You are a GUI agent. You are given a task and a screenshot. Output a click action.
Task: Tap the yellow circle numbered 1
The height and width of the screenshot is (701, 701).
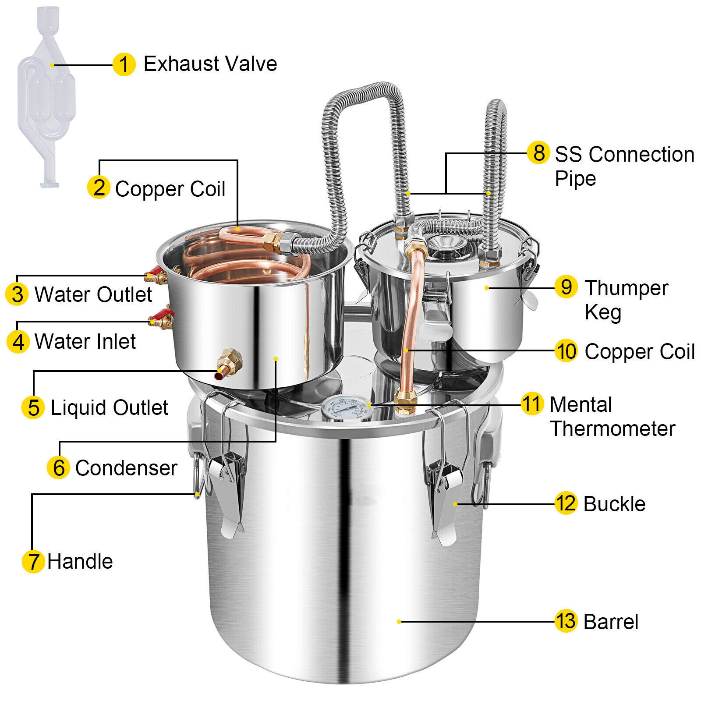pos(124,65)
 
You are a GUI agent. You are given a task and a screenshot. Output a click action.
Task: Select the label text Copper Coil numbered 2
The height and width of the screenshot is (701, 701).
pos(170,189)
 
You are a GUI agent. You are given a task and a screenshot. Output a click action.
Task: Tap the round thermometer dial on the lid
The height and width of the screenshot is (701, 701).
pos(346,408)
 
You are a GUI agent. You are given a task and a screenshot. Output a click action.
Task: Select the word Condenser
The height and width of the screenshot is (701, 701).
pos(126,468)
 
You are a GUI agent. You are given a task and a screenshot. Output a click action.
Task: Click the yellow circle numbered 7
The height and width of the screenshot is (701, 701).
pos(33,561)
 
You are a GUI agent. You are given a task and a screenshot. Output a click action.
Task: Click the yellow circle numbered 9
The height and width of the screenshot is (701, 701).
pos(566,287)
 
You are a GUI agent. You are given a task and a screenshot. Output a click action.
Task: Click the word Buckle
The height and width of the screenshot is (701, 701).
pos(614,504)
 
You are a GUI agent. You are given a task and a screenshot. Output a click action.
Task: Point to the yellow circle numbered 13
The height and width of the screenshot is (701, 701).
pos(565,621)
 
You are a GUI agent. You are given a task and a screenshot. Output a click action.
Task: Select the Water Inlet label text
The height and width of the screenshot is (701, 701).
pos(85,342)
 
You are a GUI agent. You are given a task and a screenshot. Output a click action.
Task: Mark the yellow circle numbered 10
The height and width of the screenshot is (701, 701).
pos(566,351)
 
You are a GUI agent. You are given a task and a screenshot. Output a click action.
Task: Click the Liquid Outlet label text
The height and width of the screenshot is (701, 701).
pos(109,408)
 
